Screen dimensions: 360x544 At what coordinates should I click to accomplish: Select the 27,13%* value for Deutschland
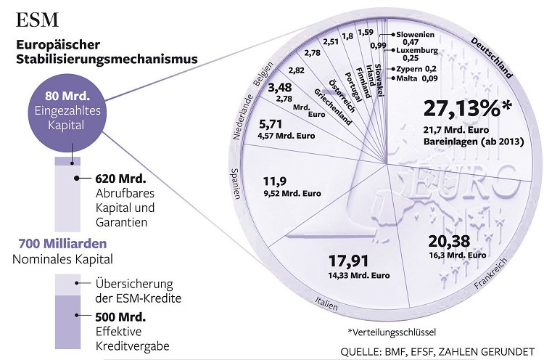[468, 110]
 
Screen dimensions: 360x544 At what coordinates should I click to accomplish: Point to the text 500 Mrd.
[120, 316]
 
